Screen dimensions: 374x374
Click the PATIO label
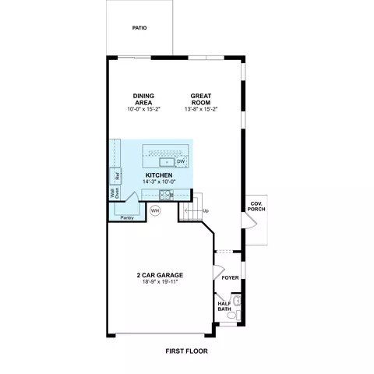pos(139,28)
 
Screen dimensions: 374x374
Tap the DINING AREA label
pos(143,99)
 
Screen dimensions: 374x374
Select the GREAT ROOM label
pos(201,99)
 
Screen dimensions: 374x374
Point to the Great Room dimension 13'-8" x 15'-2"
pos(201,109)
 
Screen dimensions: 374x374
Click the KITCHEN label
pos(159,175)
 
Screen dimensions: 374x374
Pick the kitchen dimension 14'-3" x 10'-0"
pos(159,182)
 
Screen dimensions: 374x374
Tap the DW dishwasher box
pos(181,161)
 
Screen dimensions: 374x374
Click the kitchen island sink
pos(167,162)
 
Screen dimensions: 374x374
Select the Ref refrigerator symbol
pos(116,176)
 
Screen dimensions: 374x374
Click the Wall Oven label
pos(115,193)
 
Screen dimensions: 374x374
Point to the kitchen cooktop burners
pos(166,195)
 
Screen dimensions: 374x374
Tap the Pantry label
pos(127,218)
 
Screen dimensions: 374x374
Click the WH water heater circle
pos(155,210)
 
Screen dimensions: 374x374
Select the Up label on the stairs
pos(206,211)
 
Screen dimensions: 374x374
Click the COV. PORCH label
pos(256,206)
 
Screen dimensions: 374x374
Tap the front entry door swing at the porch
pos(249,221)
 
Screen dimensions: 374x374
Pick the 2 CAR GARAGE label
pos(160,275)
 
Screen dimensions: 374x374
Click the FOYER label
pos(230,278)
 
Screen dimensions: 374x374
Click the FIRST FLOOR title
pos(187,351)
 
